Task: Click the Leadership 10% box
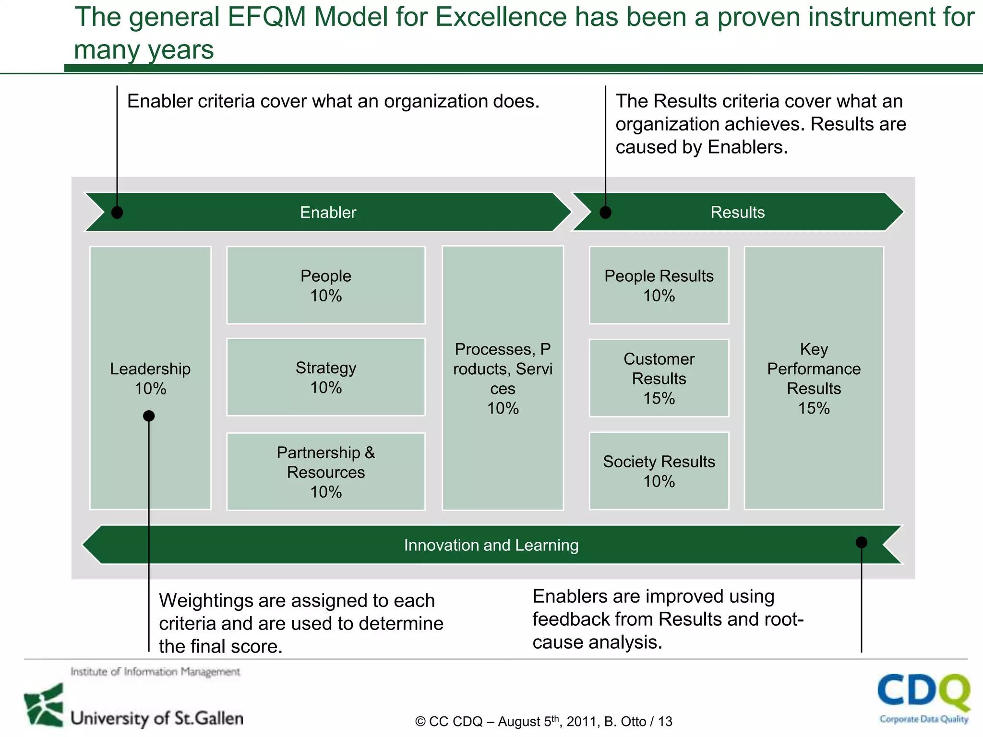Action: click(150, 336)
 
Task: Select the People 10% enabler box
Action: click(326, 285)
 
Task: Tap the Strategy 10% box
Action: click(326, 377)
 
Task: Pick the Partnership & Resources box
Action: click(326, 472)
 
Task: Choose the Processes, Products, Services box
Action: click(503, 378)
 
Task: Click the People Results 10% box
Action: click(659, 285)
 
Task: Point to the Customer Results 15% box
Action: click(659, 378)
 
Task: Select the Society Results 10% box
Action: click(659, 471)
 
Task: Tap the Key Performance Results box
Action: click(814, 378)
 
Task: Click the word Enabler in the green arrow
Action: click(328, 213)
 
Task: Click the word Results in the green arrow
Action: click(737, 212)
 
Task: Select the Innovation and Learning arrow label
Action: click(491, 545)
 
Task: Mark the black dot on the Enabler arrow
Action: click(117, 212)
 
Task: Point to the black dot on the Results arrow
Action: click(606, 212)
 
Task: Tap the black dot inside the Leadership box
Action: click(149, 416)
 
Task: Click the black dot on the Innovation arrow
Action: click(862, 542)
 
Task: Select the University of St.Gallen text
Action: click(157, 718)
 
